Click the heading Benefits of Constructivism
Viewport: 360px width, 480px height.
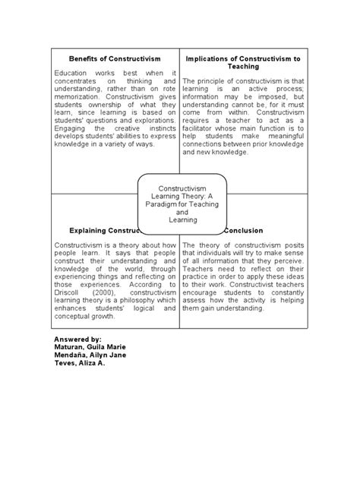coord(115,58)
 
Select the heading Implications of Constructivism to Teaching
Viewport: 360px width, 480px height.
coord(243,62)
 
